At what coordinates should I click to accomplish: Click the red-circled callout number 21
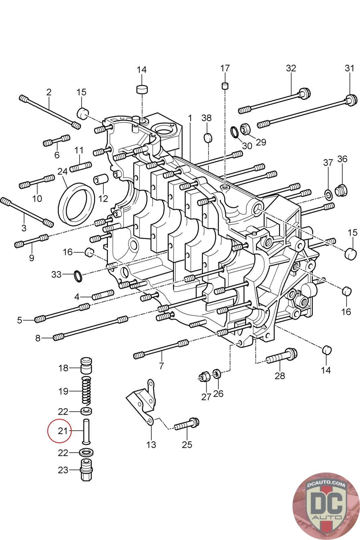tap(63, 431)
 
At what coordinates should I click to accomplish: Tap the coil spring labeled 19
tap(87, 391)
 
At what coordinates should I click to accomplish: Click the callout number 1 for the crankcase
tap(190, 118)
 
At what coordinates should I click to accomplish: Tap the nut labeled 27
tap(203, 377)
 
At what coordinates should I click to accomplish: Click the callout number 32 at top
tap(291, 68)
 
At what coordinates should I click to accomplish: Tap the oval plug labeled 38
tap(208, 138)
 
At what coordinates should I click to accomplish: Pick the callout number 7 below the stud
tap(161, 366)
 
